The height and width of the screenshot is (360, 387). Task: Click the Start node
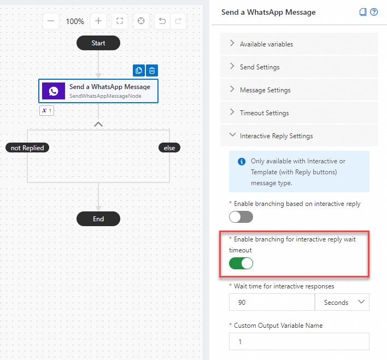pos(98,43)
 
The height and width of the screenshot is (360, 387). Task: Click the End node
pos(98,219)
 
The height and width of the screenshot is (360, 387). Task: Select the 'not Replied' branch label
pos(27,147)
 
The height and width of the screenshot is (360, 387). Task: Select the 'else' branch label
pos(169,147)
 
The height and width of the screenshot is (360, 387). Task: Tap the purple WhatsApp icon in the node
pos(54,91)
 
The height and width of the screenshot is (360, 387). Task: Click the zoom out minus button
pos(51,21)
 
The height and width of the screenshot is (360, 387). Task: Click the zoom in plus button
pos(98,21)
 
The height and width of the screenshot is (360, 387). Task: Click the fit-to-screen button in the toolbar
pos(120,21)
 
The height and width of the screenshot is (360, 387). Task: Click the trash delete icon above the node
pos(153,70)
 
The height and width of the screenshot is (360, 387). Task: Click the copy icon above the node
pos(139,70)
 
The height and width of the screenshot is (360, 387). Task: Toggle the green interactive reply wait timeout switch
pos(241,264)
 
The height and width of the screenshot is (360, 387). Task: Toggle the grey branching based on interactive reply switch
pos(241,217)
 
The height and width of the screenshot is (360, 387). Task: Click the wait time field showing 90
pos(272,302)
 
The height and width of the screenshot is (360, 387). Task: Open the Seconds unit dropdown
pos(342,302)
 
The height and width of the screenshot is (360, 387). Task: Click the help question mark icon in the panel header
pos(374,12)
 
